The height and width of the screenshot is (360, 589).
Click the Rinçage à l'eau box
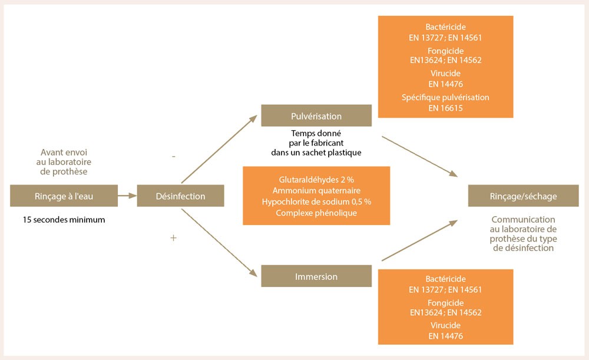point(64,196)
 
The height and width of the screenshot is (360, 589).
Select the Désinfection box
point(180,196)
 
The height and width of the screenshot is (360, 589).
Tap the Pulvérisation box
point(316,115)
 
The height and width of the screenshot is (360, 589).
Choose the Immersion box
point(316,276)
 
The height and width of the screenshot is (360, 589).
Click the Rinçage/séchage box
point(523,196)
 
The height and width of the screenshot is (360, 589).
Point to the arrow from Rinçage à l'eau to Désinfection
point(127,196)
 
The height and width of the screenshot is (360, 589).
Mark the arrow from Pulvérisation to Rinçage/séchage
point(419,156)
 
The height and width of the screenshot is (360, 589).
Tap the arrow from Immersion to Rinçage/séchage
point(419,240)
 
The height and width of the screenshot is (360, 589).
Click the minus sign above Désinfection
point(173,157)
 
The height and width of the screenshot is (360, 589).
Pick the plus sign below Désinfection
point(173,237)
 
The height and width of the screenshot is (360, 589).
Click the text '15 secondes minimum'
point(63,220)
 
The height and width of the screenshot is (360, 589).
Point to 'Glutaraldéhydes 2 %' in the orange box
point(316,179)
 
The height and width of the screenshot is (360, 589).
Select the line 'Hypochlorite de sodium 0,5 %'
point(316,202)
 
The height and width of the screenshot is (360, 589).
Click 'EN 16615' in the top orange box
point(445,108)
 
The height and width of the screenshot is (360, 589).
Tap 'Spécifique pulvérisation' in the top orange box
point(445,97)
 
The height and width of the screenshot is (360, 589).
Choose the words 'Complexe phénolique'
point(316,213)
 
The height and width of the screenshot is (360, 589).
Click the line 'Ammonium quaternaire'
point(316,190)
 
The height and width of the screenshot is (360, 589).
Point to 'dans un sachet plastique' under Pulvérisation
point(312,153)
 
